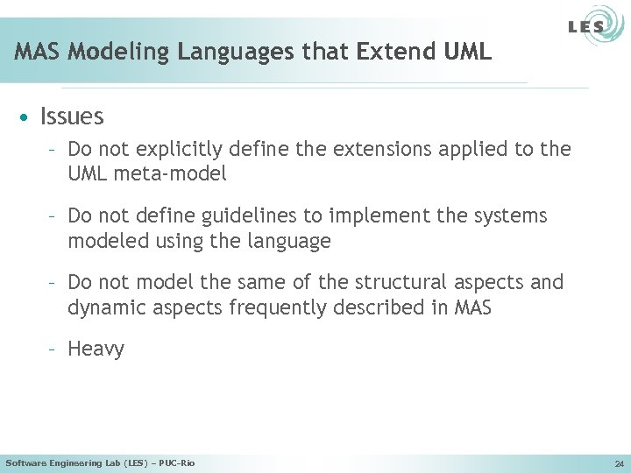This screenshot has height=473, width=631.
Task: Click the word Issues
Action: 72,116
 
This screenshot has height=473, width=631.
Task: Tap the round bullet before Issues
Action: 29,117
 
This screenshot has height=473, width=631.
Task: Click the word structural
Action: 405,282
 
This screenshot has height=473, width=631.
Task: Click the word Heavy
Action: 96,349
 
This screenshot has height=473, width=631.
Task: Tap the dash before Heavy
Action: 53,349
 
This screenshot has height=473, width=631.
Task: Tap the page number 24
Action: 619,463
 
